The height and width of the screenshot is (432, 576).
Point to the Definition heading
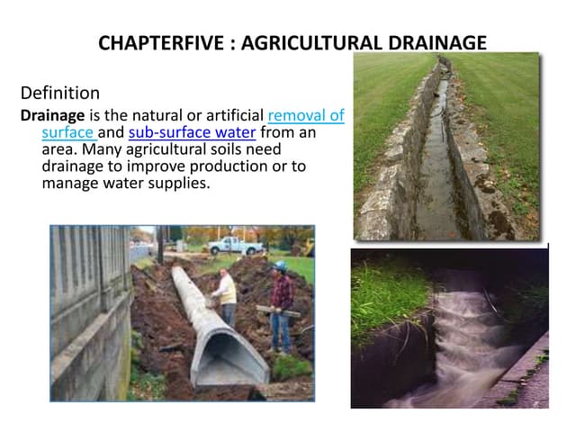coord(59,92)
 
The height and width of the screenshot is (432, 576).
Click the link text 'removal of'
coord(306,116)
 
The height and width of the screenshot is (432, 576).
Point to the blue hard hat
coord(280,266)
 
